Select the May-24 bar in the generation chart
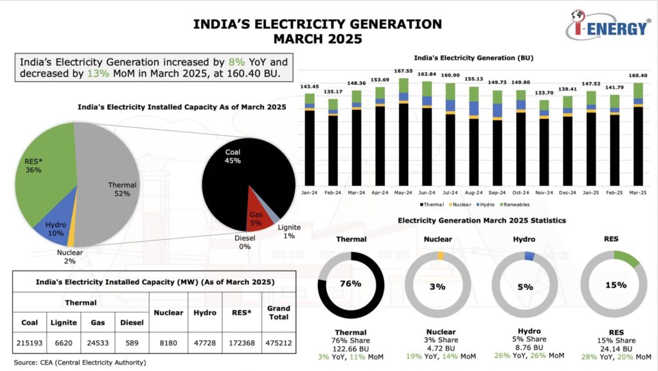point(404,135)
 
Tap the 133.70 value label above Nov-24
point(544,93)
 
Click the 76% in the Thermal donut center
point(351,284)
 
